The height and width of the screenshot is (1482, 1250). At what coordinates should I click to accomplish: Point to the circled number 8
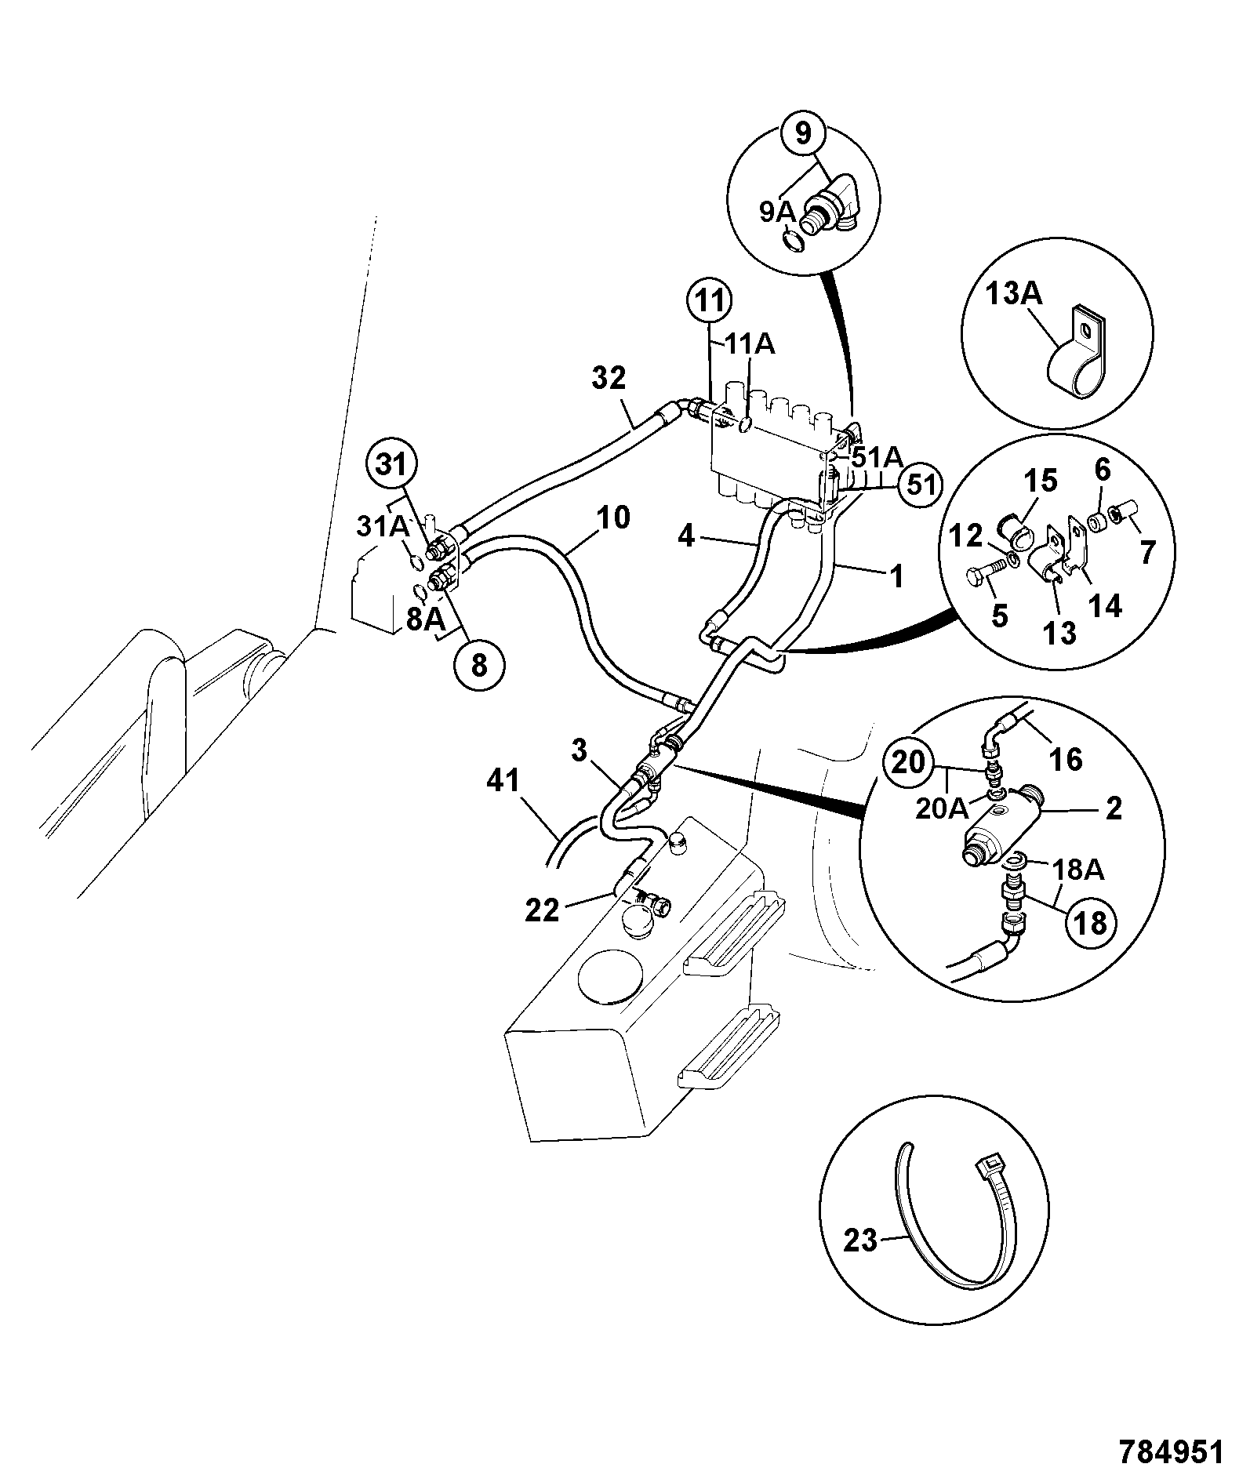pyautogui.click(x=478, y=666)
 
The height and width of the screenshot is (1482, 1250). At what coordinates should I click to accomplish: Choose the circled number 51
pyautogui.click(x=920, y=485)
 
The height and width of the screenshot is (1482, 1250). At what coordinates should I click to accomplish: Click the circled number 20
pyautogui.click(x=910, y=761)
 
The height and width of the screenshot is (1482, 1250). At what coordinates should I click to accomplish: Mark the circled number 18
pyautogui.click(x=1091, y=923)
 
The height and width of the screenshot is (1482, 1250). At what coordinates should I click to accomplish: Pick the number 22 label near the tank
pyautogui.click(x=542, y=910)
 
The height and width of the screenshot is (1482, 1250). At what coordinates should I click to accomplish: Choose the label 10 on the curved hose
pyautogui.click(x=613, y=518)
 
